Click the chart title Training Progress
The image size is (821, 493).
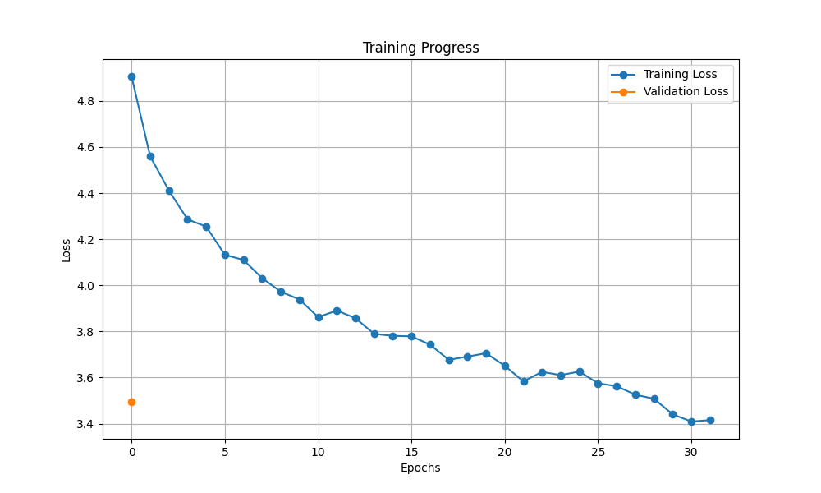pyautogui.click(x=420, y=48)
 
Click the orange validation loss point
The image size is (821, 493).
pyautogui.click(x=131, y=402)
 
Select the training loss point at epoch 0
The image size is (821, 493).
pyautogui.click(x=131, y=76)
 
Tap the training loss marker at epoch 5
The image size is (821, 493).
pyautogui.click(x=225, y=255)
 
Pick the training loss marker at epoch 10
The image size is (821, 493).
pyautogui.click(x=319, y=317)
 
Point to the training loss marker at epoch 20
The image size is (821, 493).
pyautogui.click(x=505, y=366)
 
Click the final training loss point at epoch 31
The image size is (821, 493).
pyautogui.click(x=710, y=420)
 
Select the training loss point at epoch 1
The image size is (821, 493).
pyautogui.click(x=150, y=156)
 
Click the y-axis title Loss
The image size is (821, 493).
pyautogui.click(x=67, y=250)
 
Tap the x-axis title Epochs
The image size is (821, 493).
pyautogui.click(x=420, y=468)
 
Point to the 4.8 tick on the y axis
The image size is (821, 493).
pyautogui.click(x=85, y=102)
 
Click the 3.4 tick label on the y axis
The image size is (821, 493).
pyautogui.click(x=85, y=425)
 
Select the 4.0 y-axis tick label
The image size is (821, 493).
pyautogui.click(x=85, y=286)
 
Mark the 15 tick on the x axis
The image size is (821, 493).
pyautogui.click(x=411, y=452)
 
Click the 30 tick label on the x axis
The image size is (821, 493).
pyautogui.click(x=691, y=452)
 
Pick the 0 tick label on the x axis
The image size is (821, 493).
pyautogui.click(x=131, y=452)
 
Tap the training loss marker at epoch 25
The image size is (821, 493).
pyautogui.click(x=598, y=384)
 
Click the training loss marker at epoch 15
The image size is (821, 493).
pyautogui.click(x=411, y=336)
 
